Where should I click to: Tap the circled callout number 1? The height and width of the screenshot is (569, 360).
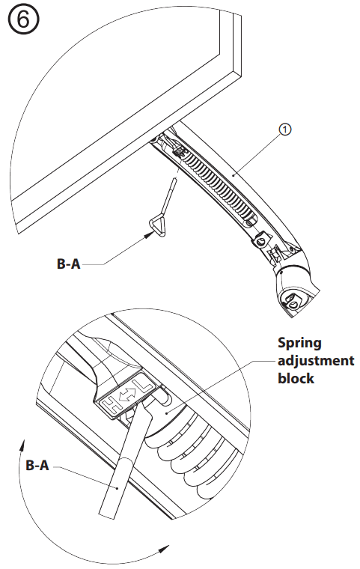[284, 130]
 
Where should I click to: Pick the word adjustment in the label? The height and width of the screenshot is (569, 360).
[316, 361]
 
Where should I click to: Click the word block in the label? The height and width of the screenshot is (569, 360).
[297, 379]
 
